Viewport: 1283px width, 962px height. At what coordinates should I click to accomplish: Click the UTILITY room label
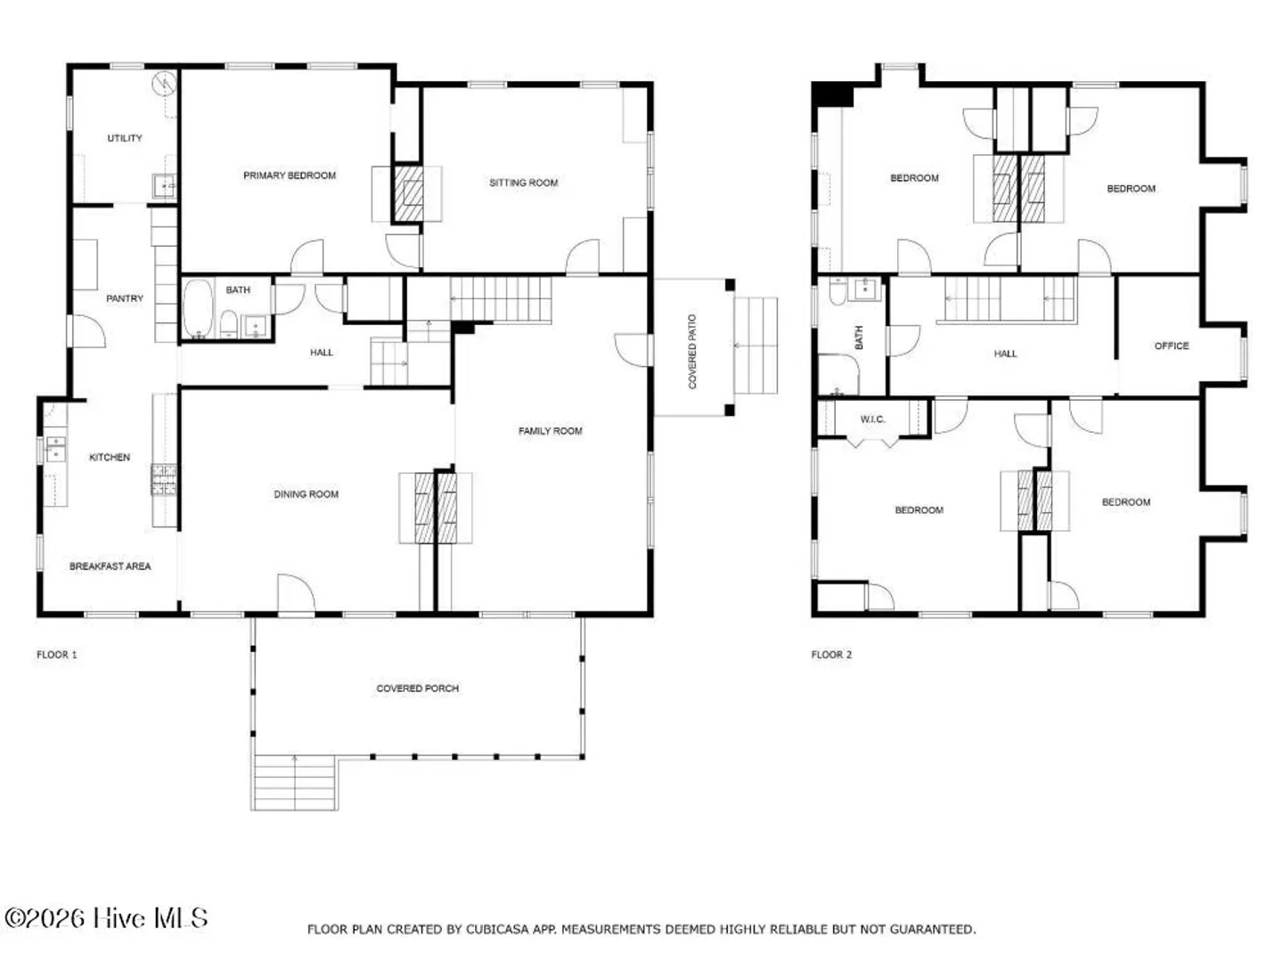pyautogui.click(x=125, y=138)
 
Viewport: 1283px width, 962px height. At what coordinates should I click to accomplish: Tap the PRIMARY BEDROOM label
pyautogui.click(x=290, y=175)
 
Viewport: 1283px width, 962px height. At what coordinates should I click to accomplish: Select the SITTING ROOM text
pyautogui.click(x=523, y=183)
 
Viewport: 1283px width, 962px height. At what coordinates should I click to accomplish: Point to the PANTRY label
pyautogui.click(x=125, y=298)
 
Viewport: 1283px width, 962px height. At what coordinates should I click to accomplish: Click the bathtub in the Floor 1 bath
pyautogui.click(x=198, y=309)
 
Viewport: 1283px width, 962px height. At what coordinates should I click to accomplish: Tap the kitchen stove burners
pyautogui.click(x=164, y=479)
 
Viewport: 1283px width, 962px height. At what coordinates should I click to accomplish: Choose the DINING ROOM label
pyautogui.click(x=306, y=494)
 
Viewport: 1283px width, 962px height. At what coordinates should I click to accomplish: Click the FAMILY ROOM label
pyautogui.click(x=550, y=431)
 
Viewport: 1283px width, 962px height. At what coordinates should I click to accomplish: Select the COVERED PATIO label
pyautogui.click(x=692, y=352)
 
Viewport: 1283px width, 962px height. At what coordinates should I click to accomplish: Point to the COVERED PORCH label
pyautogui.click(x=417, y=689)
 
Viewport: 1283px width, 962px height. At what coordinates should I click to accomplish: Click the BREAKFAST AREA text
pyautogui.click(x=110, y=566)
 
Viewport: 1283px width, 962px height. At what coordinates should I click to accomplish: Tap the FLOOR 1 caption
pyautogui.click(x=57, y=655)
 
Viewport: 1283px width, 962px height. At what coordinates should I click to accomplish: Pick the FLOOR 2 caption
pyautogui.click(x=831, y=655)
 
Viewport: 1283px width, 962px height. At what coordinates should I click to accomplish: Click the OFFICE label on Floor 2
pyautogui.click(x=1172, y=346)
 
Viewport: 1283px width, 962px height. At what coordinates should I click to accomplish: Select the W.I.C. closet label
pyautogui.click(x=872, y=420)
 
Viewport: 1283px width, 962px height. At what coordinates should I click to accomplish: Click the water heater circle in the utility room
pyautogui.click(x=164, y=84)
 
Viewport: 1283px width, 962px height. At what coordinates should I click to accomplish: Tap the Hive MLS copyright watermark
pyautogui.click(x=106, y=918)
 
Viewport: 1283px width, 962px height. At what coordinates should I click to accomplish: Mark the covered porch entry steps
pyautogui.click(x=295, y=782)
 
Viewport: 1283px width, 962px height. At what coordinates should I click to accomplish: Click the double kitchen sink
pyautogui.click(x=55, y=449)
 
